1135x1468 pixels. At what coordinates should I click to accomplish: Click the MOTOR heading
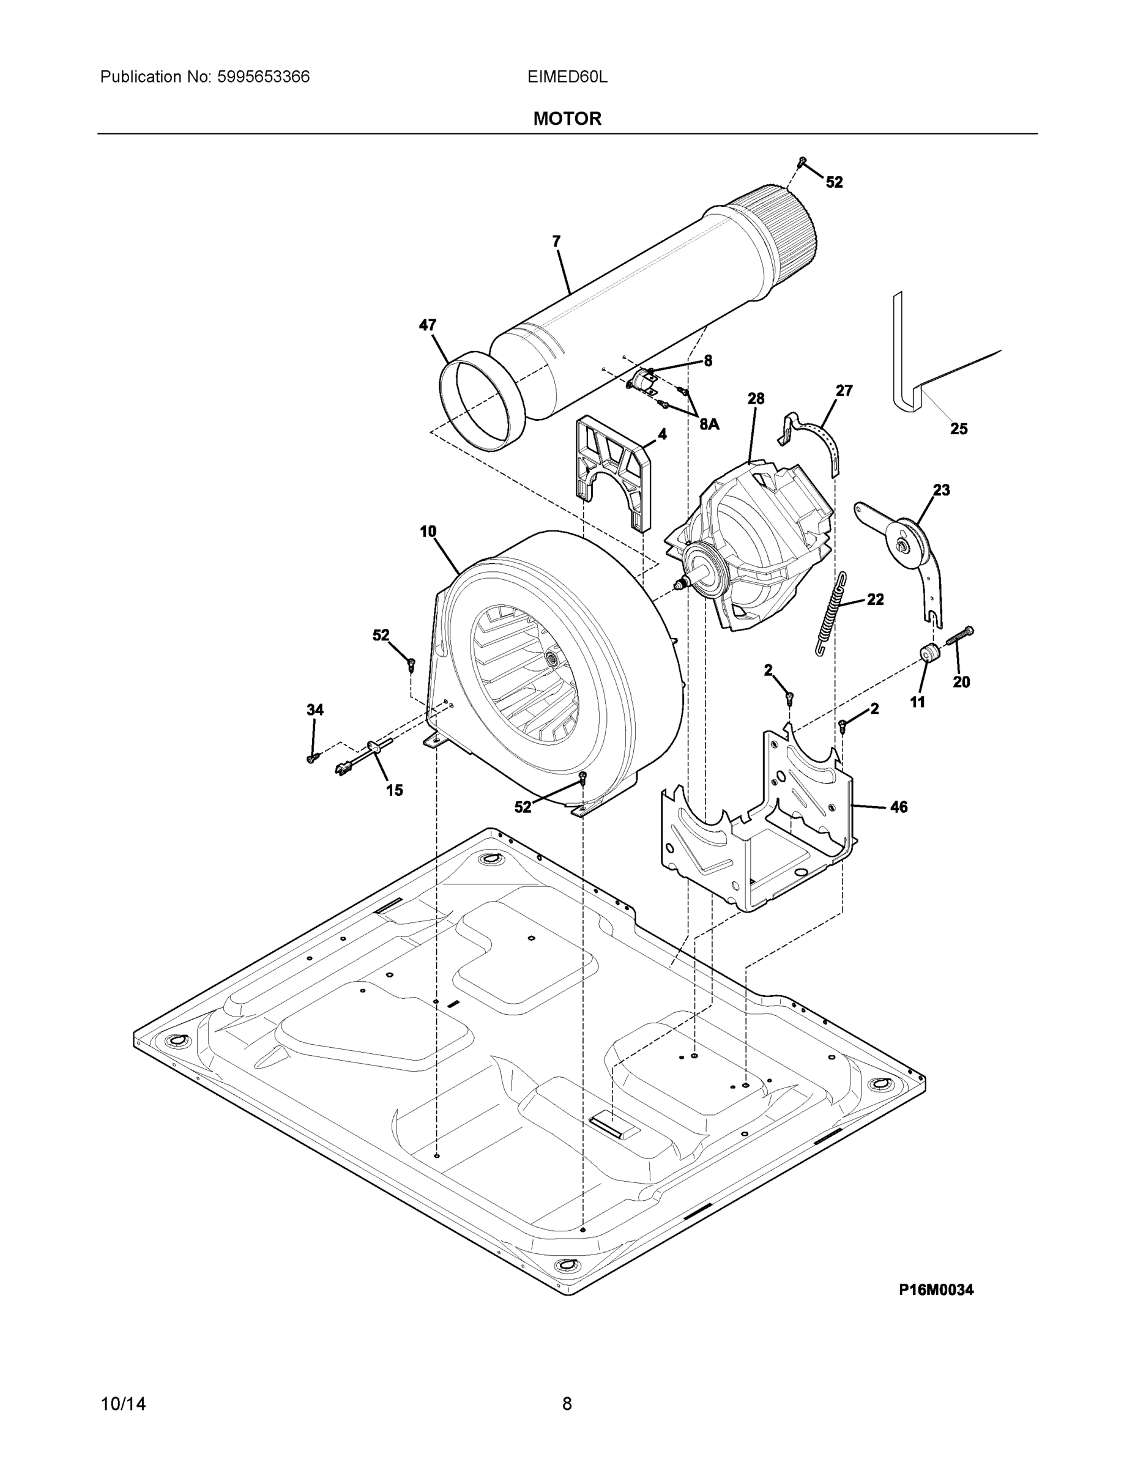tap(567, 119)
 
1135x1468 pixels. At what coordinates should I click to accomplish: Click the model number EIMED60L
tap(567, 77)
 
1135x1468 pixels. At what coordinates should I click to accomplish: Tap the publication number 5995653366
tap(263, 77)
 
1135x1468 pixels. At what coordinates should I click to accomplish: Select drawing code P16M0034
tap(936, 1289)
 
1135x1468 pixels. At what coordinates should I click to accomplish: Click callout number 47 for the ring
tap(428, 325)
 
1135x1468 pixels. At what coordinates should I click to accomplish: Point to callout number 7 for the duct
tap(556, 242)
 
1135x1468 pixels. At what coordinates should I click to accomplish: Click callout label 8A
tap(709, 424)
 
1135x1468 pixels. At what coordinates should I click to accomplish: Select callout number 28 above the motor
tap(756, 399)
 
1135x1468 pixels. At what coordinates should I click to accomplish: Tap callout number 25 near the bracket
tap(959, 428)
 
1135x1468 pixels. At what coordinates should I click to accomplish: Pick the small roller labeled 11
tap(929, 652)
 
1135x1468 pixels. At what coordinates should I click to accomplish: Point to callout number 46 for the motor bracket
tap(898, 807)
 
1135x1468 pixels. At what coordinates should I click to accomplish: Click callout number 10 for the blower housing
tap(428, 532)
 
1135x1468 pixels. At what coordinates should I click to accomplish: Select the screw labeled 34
tap(312, 758)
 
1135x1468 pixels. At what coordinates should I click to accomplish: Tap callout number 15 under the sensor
tap(394, 790)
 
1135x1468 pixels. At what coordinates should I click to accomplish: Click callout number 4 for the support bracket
tap(661, 434)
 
